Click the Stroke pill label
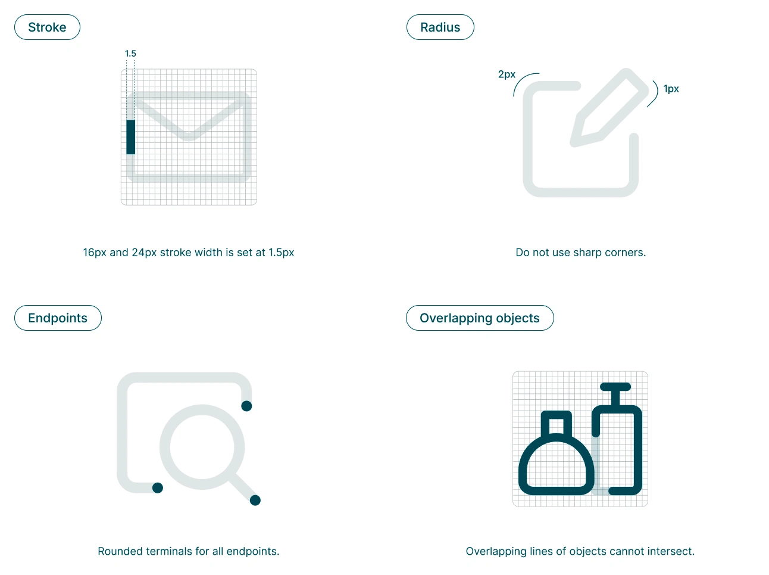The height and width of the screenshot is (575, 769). coord(47,27)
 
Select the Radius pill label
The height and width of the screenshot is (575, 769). coord(440,27)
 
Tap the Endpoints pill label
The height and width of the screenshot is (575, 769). coord(58,318)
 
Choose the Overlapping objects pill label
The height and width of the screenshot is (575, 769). coord(479,318)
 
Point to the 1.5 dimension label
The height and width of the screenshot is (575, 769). coord(130,54)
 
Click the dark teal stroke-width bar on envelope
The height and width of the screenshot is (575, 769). coord(131,137)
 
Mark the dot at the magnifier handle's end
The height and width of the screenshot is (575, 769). coord(255,501)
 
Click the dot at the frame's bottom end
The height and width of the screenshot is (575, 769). coord(158,488)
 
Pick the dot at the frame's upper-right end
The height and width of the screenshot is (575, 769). coord(246,406)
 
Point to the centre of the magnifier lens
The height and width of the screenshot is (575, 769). coord(202,447)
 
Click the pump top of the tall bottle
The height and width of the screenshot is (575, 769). coord(615,387)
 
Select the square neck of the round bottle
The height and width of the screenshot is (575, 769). coord(556,424)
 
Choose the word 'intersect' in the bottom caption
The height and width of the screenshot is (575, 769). coord(673,552)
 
